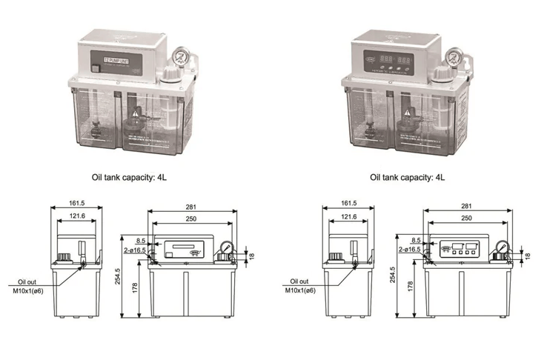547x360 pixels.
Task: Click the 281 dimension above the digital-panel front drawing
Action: point(466,207)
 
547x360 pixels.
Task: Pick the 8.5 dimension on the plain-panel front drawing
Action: point(141,240)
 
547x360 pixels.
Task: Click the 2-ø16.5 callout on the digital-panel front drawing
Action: point(410,250)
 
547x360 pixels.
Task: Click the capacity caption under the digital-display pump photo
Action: point(406,178)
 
